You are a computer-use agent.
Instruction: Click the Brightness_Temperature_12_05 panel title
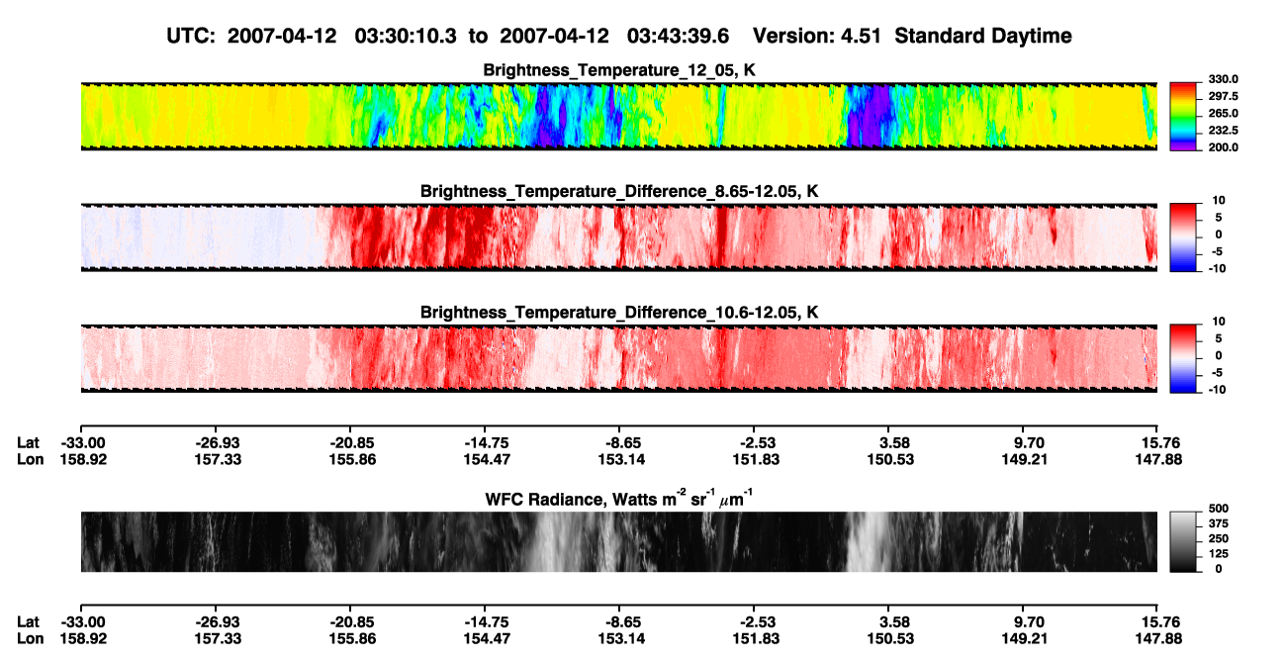tap(619, 70)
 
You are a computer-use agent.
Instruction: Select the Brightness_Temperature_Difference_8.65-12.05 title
tap(619, 191)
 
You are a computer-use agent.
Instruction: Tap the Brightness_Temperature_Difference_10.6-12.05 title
tap(619, 313)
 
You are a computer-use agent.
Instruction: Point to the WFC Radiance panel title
tap(619, 499)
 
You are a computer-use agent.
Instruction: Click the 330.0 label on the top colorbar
tap(1223, 79)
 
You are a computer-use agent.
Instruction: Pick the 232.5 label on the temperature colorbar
tap(1223, 131)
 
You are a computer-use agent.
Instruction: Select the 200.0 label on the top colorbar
tap(1223, 147)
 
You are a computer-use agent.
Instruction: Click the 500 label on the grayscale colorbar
tap(1219, 509)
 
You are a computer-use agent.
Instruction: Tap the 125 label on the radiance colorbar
tap(1219, 554)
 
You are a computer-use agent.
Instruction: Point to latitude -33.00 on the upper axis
tap(83, 443)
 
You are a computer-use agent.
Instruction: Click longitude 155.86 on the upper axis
tap(352, 460)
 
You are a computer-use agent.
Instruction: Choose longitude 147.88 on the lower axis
tap(1158, 639)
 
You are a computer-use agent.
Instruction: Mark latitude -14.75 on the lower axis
tap(487, 622)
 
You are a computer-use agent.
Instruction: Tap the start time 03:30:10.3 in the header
tap(406, 36)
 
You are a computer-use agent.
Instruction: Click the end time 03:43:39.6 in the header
tap(678, 36)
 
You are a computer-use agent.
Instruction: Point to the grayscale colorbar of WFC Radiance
tap(1183, 541)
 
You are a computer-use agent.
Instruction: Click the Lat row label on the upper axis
tap(28, 443)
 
